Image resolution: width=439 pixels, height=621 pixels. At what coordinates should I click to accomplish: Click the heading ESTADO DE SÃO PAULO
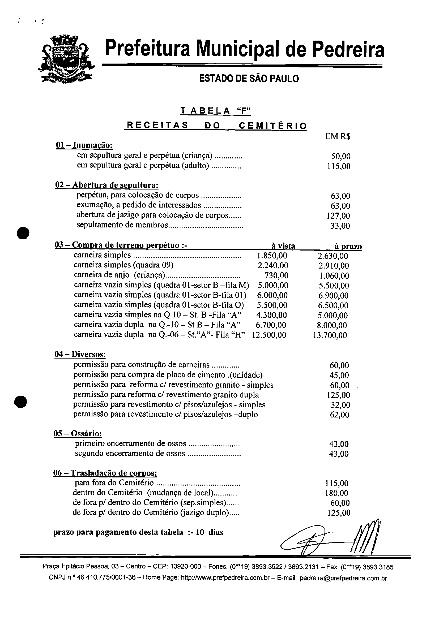click(249, 79)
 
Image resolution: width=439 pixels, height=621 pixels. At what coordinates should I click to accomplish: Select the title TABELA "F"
click(216, 111)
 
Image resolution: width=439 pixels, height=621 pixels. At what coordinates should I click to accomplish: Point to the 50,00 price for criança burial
click(341, 156)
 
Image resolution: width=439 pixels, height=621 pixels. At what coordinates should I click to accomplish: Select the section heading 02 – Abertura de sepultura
click(107, 185)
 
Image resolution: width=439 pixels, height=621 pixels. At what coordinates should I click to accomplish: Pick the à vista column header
click(283, 246)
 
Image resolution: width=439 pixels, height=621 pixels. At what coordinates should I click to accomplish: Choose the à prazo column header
click(348, 246)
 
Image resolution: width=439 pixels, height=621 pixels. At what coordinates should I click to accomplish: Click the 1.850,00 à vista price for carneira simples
click(272, 256)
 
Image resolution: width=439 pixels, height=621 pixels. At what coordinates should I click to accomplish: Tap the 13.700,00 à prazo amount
click(330, 335)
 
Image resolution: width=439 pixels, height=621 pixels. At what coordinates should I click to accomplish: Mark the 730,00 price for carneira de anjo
click(276, 275)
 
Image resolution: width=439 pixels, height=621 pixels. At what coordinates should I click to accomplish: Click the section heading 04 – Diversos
click(80, 354)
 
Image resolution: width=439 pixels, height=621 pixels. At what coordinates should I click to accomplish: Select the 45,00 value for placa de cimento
click(340, 375)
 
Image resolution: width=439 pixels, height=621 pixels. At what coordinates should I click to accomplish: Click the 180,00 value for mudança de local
click(337, 493)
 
